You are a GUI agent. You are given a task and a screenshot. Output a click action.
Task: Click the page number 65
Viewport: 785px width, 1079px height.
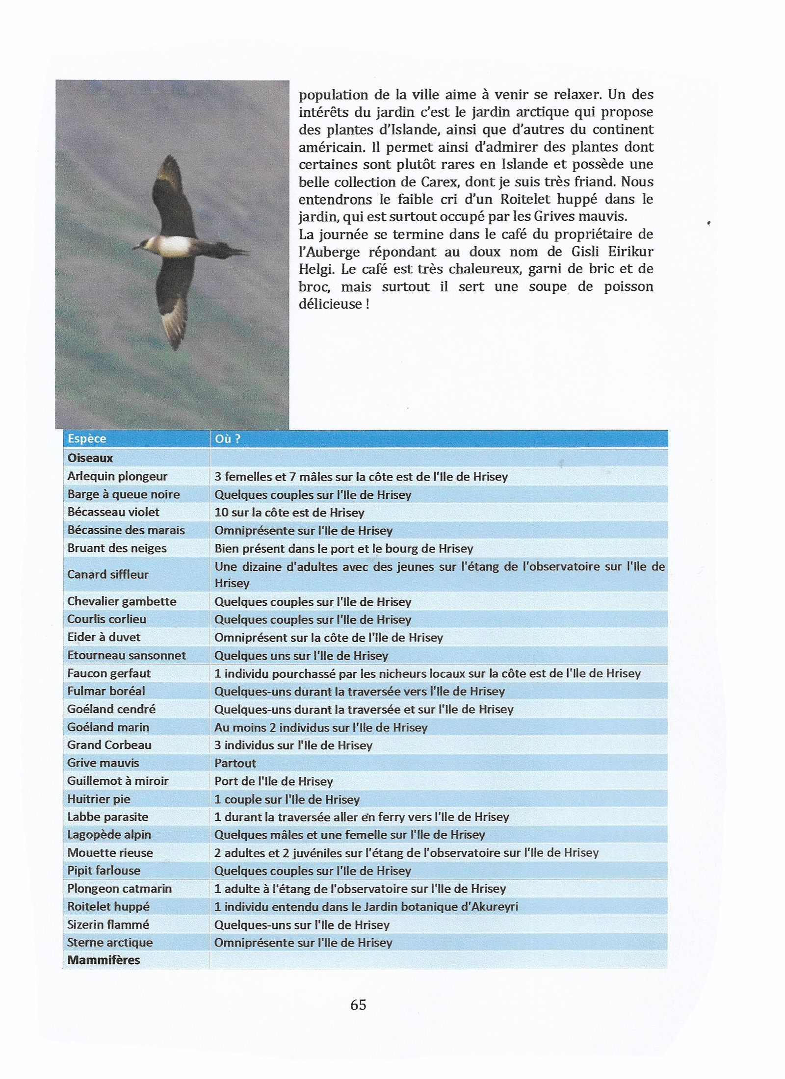[x=358, y=1004]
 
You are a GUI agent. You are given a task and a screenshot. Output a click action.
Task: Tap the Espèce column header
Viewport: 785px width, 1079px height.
[x=87, y=438]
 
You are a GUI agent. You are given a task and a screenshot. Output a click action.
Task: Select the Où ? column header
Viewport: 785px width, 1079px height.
[x=227, y=438]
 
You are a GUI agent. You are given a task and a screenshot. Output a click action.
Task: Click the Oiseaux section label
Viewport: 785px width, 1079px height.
[x=90, y=458]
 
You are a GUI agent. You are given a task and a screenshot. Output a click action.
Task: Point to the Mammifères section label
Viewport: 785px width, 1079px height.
[x=104, y=960]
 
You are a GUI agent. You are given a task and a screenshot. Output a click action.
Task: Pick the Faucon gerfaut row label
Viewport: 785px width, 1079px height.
[x=109, y=673]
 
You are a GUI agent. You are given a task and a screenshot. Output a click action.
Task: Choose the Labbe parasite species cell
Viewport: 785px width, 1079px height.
[x=108, y=817]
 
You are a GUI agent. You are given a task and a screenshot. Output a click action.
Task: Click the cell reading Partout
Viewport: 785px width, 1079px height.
[x=235, y=763]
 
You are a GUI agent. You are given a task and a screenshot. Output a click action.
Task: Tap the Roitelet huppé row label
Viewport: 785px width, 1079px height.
[x=108, y=906]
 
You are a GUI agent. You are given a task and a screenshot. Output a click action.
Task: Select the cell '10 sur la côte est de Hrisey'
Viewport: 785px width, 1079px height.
[x=289, y=513]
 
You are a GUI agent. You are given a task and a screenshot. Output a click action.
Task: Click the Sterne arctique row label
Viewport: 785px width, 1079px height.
[x=110, y=942]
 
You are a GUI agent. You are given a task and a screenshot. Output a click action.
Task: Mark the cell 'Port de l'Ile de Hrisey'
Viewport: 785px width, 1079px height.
[x=274, y=781]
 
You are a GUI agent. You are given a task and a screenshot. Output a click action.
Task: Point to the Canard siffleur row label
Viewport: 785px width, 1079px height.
[x=108, y=574]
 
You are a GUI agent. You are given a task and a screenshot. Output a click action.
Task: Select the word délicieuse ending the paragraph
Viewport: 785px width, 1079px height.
[x=330, y=304]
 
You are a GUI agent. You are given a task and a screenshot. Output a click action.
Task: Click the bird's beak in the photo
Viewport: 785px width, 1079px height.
[x=136, y=248]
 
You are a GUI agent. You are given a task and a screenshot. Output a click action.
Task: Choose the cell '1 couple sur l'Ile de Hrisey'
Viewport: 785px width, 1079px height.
[x=287, y=799]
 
